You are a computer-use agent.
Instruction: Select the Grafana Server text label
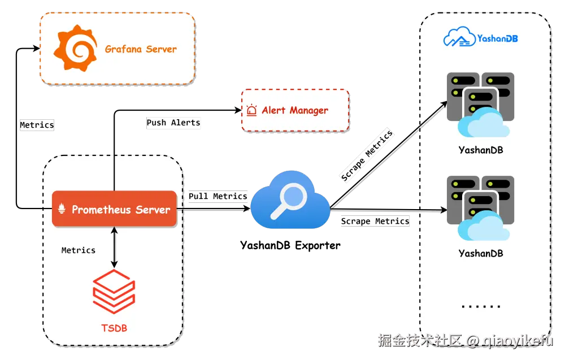tap(141, 49)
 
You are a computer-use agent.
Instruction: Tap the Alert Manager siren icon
tap(251, 110)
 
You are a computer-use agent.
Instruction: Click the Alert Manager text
tap(294, 110)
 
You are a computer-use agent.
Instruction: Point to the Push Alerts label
tap(173, 123)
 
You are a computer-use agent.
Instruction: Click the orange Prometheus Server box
tap(114, 209)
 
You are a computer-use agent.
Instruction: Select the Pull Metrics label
tap(218, 196)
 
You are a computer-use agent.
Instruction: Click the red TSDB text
tap(114, 327)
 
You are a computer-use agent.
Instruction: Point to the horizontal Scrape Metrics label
tap(375, 221)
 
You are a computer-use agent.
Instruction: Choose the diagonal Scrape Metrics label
tap(367, 156)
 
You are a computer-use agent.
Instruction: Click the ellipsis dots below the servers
tap(481, 306)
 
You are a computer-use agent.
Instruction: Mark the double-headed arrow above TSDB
tap(114, 248)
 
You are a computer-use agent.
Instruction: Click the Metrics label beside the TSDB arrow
tap(79, 250)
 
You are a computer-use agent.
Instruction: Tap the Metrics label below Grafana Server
tap(37, 125)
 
